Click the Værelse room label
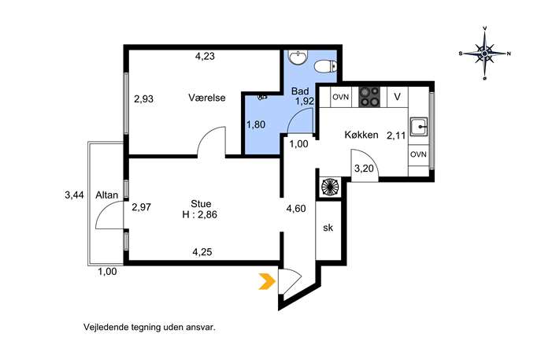(x=207, y=98)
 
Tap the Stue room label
(x=201, y=204)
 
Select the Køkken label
(x=361, y=135)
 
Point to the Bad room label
(x=300, y=91)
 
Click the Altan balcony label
(x=107, y=195)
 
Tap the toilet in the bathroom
(x=326, y=66)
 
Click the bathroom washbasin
(x=298, y=58)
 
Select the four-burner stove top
(x=369, y=97)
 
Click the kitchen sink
(x=419, y=127)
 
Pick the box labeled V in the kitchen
(x=398, y=97)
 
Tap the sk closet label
(x=328, y=228)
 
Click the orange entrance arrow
(x=268, y=281)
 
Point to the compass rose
(x=485, y=54)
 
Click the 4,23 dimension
(x=205, y=56)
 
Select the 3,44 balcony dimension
(x=74, y=195)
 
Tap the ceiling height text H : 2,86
(x=200, y=215)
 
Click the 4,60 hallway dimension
(x=296, y=209)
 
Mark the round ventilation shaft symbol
(x=330, y=187)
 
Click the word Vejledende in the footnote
(x=106, y=327)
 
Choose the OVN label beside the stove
(x=341, y=97)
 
